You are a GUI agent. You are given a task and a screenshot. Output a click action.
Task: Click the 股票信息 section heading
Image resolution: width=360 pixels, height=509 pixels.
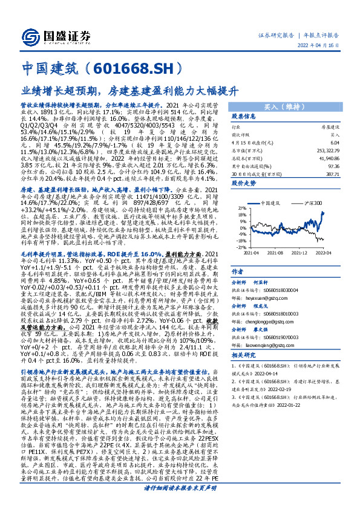click(x=244, y=117)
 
